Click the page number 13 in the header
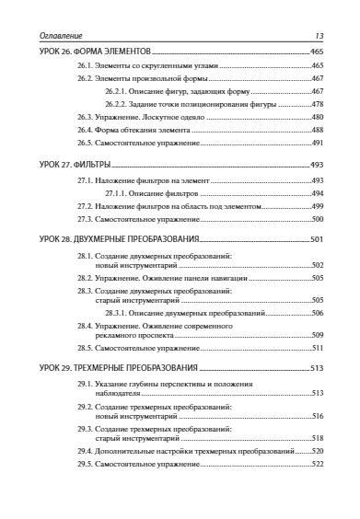point(319,35)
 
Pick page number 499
point(318,207)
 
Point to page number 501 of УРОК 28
point(318,239)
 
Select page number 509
point(318,336)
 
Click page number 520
point(318,452)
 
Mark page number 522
point(318,465)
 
